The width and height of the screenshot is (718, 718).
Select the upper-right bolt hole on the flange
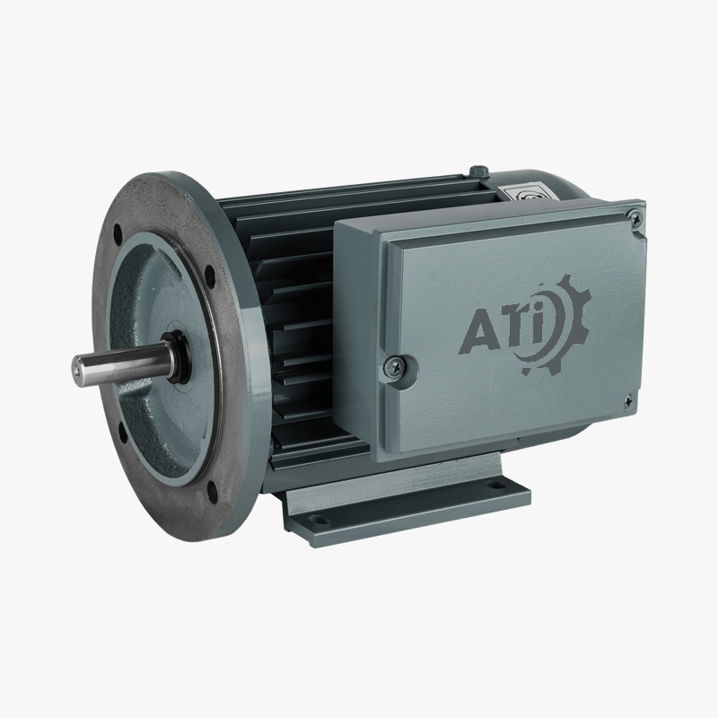210,275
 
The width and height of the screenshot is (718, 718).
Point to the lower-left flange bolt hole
123,433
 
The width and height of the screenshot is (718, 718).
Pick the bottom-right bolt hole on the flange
213,491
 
